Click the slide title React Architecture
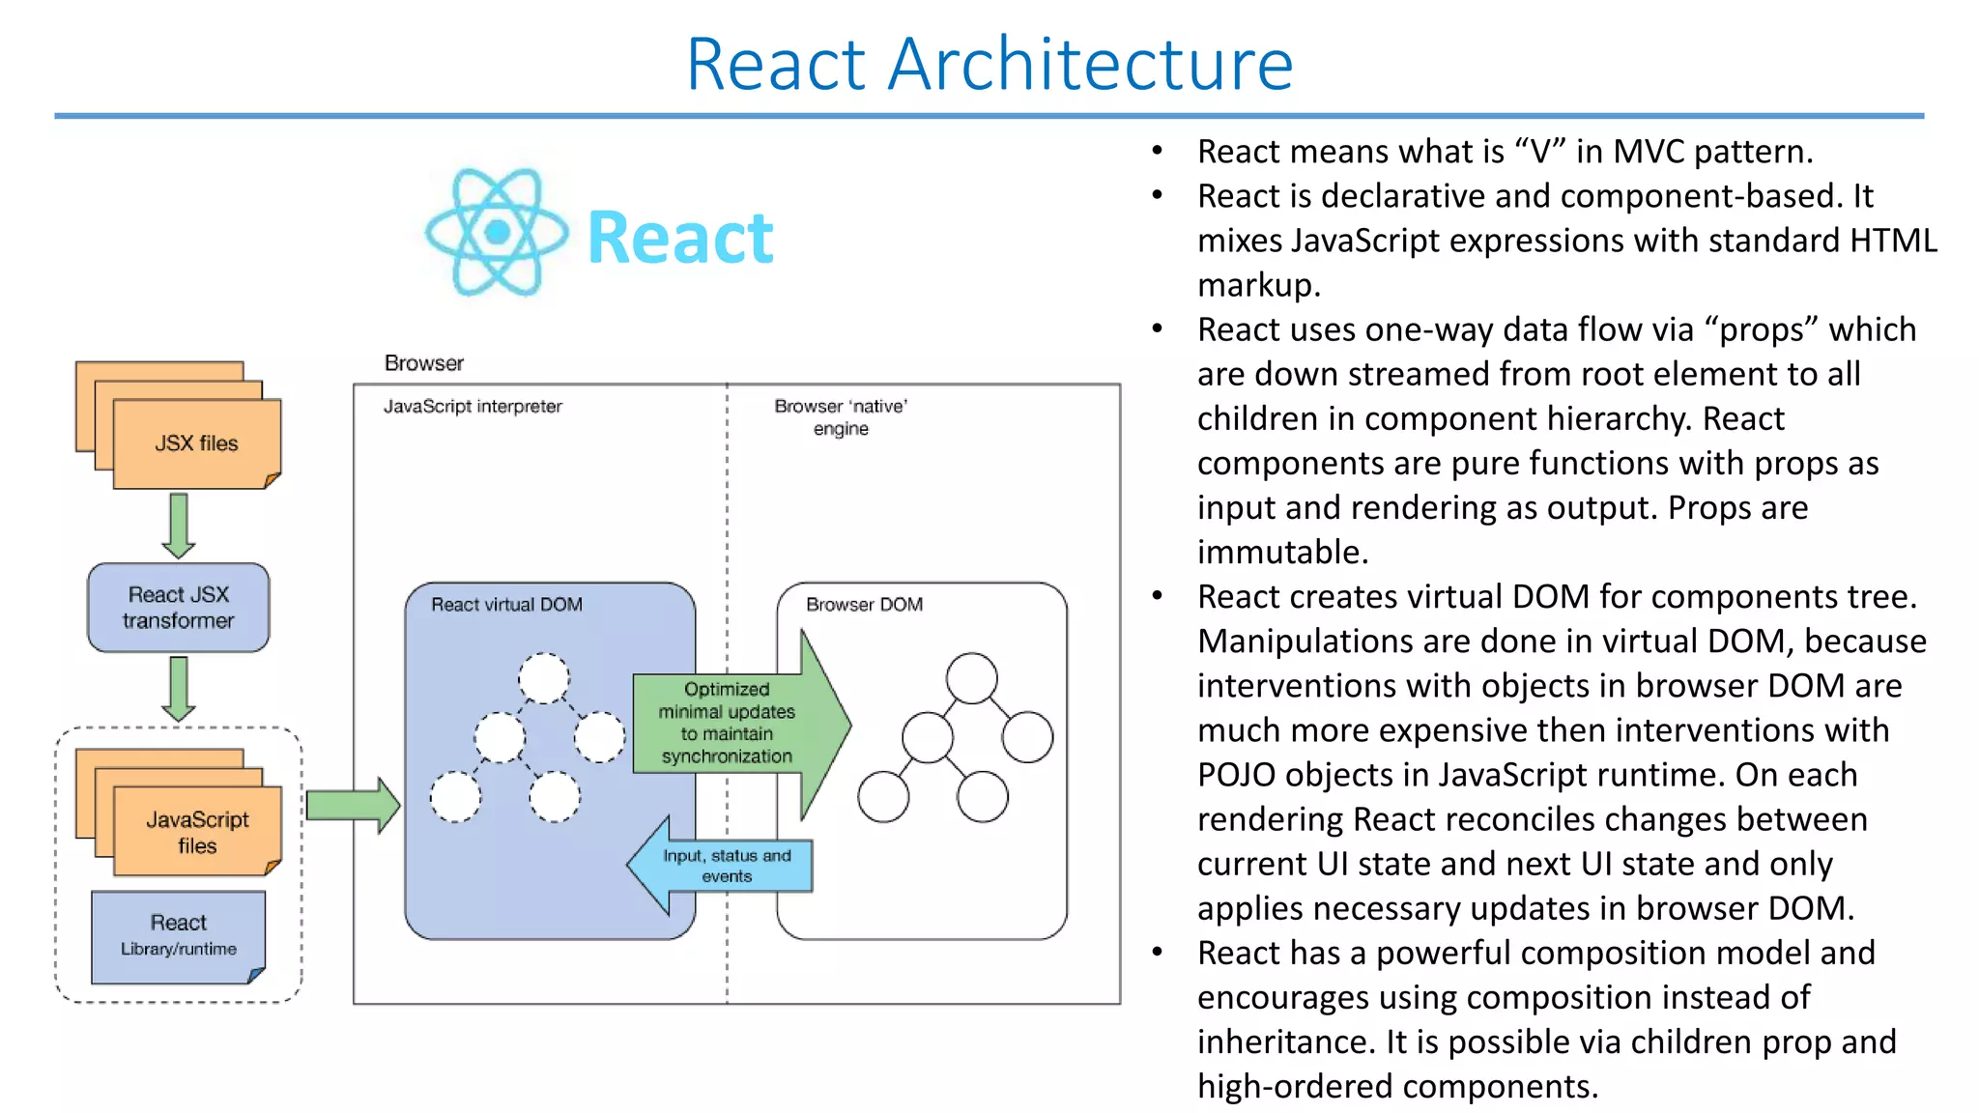click(x=989, y=65)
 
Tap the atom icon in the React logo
click(x=497, y=232)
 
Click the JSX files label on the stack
click(x=196, y=443)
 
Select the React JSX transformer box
click(x=179, y=608)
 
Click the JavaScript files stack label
click(x=197, y=832)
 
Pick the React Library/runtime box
click(x=179, y=935)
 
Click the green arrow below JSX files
click(x=179, y=525)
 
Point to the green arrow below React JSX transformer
click(x=179, y=688)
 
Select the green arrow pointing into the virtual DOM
click(x=353, y=805)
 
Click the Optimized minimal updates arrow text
click(x=727, y=723)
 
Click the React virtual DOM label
click(x=506, y=605)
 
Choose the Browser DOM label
click(x=864, y=605)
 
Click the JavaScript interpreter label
click(x=473, y=407)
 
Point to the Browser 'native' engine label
click(x=841, y=417)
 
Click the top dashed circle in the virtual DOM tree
click(x=544, y=678)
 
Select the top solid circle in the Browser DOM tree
click(x=971, y=678)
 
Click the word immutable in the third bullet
click(x=1281, y=553)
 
